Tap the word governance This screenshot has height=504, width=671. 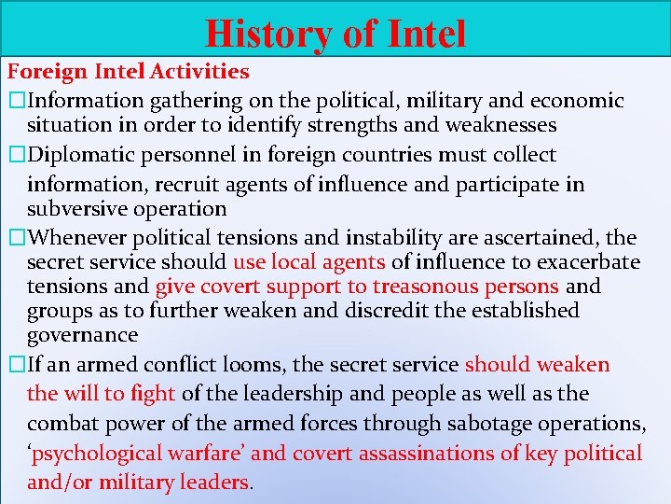pos(83,334)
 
